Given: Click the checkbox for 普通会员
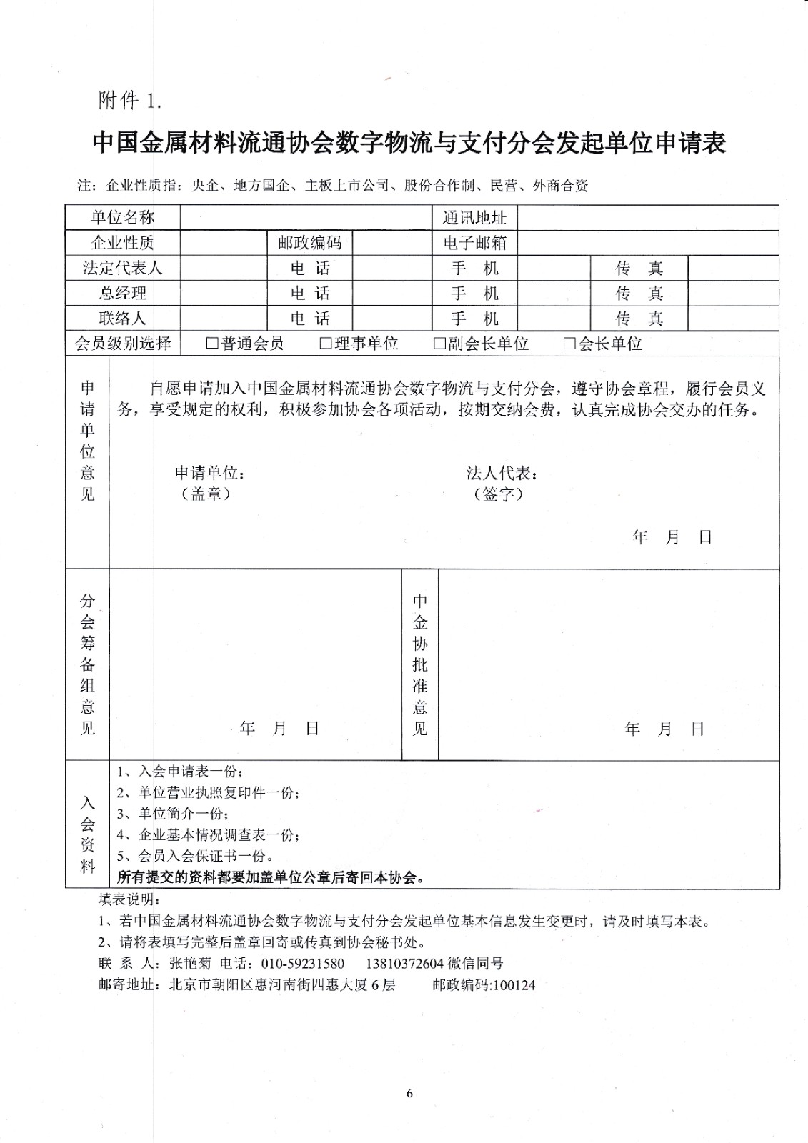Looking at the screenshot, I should pyautogui.click(x=212, y=344).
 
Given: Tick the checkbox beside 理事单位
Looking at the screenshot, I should pyautogui.click(x=326, y=344).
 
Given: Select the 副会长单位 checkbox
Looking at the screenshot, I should pyautogui.click(x=439, y=344).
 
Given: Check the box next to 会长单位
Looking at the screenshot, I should pyautogui.click(x=569, y=344).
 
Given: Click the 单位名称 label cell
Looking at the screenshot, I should pyautogui.click(x=122, y=217).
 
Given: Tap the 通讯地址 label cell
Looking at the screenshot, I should pyautogui.click(x=474, y=217).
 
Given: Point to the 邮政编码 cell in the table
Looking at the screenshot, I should pyautogui.click(x=310, y=243).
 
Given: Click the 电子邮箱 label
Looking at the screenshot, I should pyautogui.click(x=474, y=243).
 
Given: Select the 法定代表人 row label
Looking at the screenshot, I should pyautogui.click(x=122, y=268).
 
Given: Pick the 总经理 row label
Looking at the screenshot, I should pyautogui.click(x=122, y=293).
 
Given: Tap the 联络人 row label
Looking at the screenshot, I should pyautogui.click(x=122, y=318).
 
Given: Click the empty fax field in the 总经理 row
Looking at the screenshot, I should pyautogui.click(x=733, y=293).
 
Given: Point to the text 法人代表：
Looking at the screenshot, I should pyautogui.click(x=502, y=473).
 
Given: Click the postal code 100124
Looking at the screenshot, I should pyautogui.click(x=514, y=985).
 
